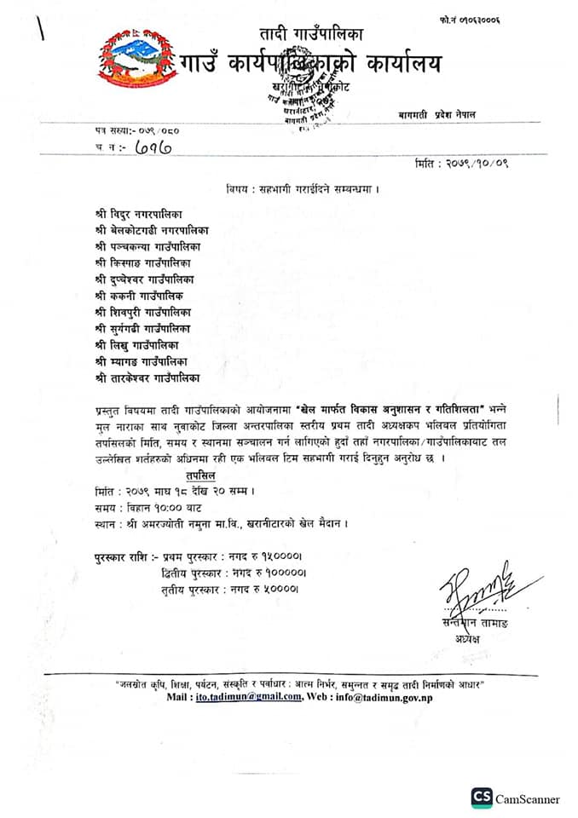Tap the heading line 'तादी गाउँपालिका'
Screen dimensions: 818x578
tap(312, 35)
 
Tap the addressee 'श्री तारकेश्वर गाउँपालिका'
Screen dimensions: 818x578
tap(148, 377)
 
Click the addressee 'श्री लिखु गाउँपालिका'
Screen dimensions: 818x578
tap(137, 344)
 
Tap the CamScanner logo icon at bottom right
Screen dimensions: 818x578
tap(481, 798)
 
